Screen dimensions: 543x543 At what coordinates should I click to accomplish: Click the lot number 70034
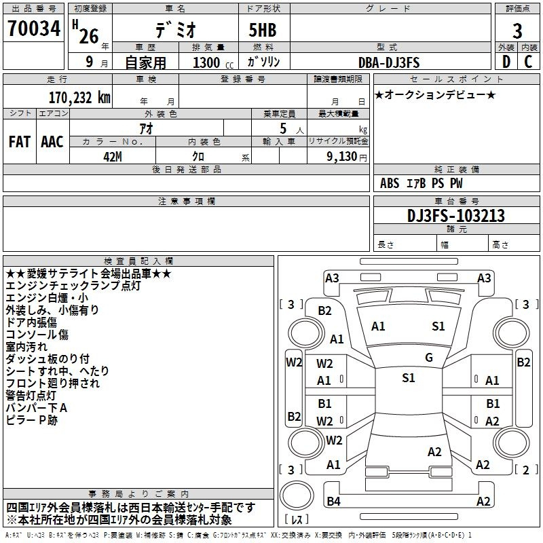(34, 29)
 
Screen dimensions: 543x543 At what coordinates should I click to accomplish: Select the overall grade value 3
(517, 31)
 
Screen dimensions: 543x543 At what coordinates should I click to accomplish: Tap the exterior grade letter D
(506, 62)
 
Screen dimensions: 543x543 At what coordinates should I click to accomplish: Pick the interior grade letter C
(528, 62)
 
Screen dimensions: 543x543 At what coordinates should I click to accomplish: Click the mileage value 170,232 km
(79, 98)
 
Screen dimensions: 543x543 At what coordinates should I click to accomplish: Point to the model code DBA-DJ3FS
(389, 62)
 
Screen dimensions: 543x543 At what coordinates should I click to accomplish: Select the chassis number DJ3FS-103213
(456, 216)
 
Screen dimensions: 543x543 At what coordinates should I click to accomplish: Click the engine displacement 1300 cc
(213, 62)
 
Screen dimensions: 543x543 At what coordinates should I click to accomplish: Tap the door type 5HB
(263, 30)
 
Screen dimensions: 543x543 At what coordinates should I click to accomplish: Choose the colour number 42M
(113, 157)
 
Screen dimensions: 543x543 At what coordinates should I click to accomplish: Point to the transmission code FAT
(20, 142)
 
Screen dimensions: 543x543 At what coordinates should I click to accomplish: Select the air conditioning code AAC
(52, 142)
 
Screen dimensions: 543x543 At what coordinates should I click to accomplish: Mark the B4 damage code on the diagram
(333, 501)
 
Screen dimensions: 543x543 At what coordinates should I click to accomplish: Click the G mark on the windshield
(429, 358)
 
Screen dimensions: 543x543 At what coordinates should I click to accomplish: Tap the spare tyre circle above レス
(297, 495)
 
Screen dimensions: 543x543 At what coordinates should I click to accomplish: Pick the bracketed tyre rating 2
(525, 470)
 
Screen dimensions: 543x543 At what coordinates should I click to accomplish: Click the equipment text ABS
(390, 183)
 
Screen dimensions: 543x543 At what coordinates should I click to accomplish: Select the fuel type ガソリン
(263, 62)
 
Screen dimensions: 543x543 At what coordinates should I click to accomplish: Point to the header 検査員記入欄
(138, 261)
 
